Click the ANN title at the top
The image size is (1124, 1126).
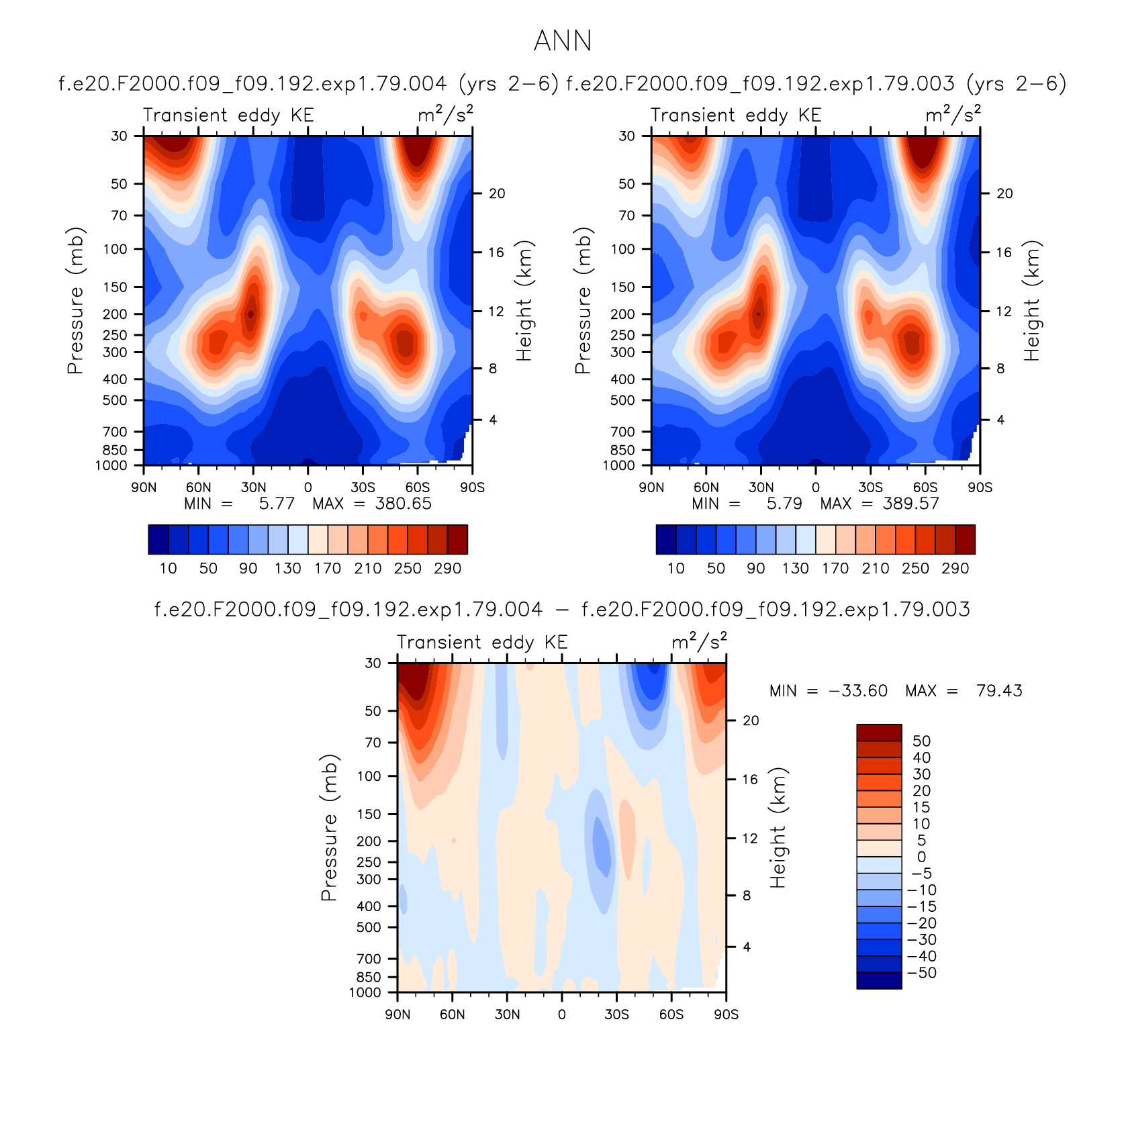tap(563, 41)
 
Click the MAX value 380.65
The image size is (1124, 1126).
tap(403, 504)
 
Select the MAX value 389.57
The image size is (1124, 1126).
tap(910, 504)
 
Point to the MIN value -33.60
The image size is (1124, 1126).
tap(858, 691)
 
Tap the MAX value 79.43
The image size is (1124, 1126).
tap(999, 691)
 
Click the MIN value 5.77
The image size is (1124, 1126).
tap(277, 504)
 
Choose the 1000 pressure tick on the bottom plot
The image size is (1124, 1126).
tap(365, 992)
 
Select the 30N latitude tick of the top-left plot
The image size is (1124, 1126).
tap(253, 487)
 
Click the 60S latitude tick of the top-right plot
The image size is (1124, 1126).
tap(925, 487)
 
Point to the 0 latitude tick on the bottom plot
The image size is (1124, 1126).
tap(562, 1015)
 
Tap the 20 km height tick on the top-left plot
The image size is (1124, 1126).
tap(497, 193)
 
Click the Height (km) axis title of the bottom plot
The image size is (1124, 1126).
tap(778, 828)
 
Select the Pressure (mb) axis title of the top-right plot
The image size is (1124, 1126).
tap(583, 300)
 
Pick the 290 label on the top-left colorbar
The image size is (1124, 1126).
tap(447, 569)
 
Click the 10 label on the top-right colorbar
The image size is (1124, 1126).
tap(675, 569)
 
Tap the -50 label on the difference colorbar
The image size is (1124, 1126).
tap(922, 973)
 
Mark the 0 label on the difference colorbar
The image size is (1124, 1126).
tap(921, 857)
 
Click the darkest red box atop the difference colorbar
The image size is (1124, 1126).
tap(879, 732)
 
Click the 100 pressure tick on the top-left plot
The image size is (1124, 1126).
tap(115, 249)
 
